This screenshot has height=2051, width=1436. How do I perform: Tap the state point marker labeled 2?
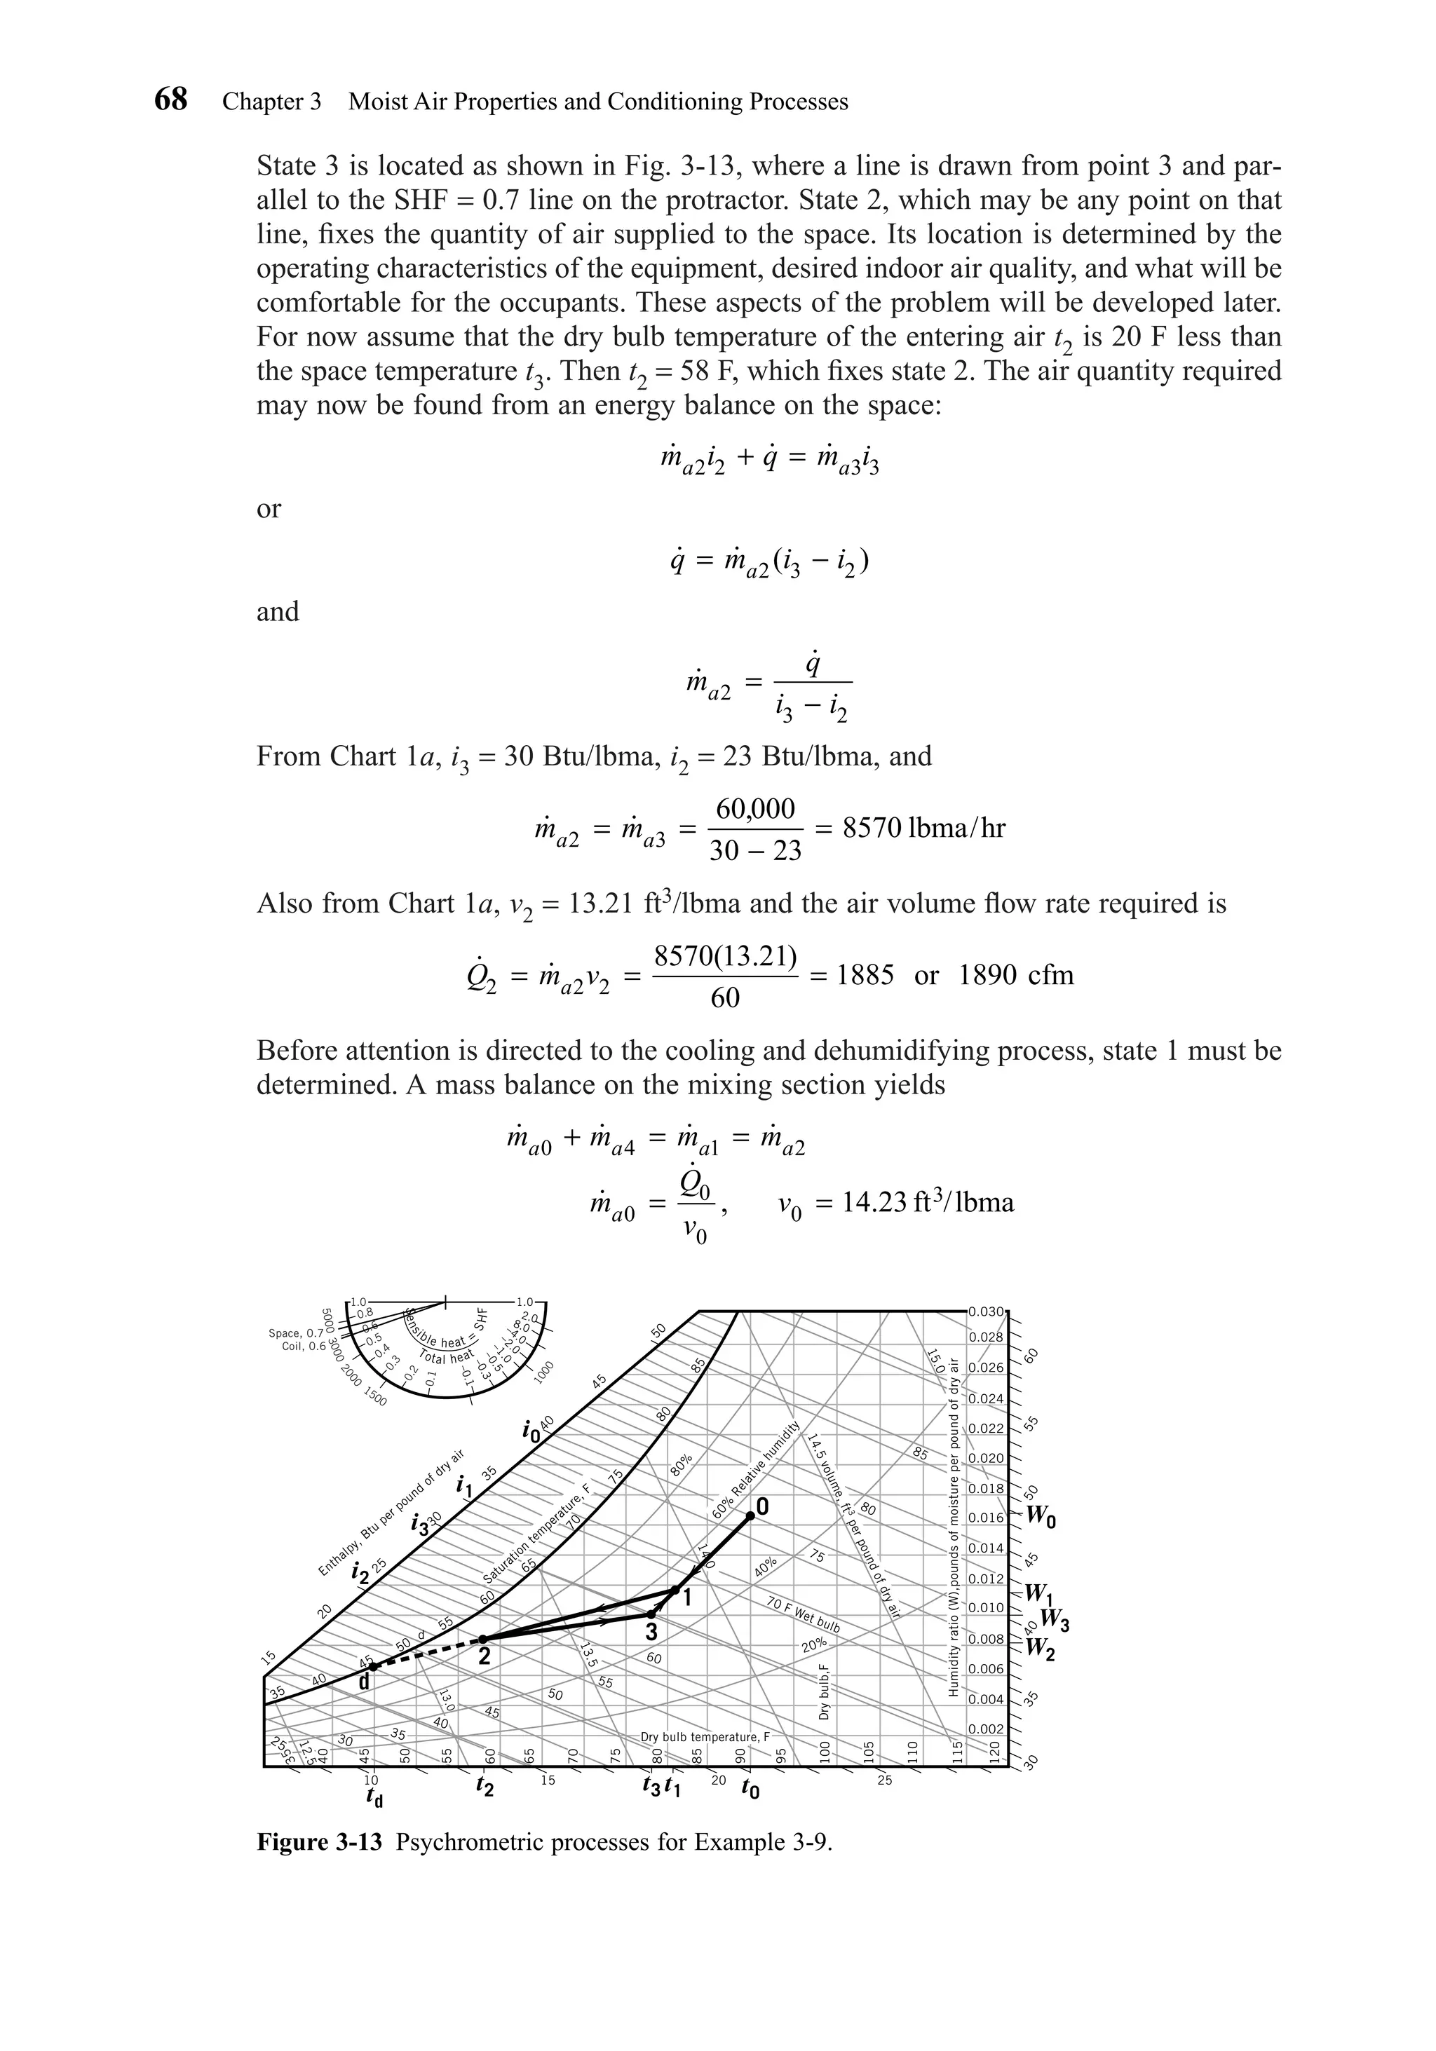[x=483, y=1640]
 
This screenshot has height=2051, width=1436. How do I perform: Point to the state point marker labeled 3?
[x=651, y=1615]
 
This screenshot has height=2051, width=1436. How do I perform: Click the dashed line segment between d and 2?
[x=428, y=1653]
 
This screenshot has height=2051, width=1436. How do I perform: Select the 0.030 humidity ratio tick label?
[x=987, y=1312]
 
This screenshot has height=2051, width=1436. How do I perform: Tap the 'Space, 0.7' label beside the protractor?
[x=296, y=1334]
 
